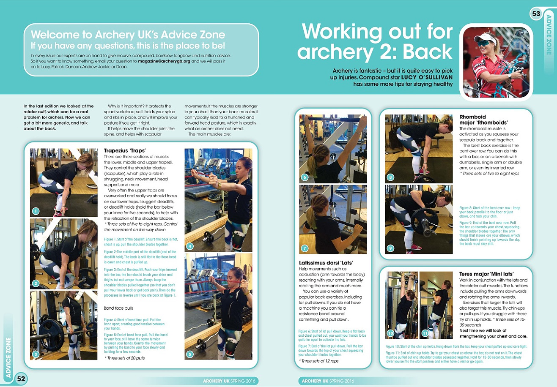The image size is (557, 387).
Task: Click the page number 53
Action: [x=536, y=13]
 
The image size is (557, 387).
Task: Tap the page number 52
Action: [x=21, y=379]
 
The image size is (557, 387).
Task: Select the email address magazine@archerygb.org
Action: [x=164, y=61]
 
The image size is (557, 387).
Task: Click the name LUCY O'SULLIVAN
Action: [x=427, y=77]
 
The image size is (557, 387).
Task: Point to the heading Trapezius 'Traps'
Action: [x=125, y=150]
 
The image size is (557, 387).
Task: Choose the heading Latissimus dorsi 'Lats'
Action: [x=326, y=263]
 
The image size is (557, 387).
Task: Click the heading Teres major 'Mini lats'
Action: [x=486, y=274]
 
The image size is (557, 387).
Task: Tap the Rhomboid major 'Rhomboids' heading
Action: [x=483, y=120]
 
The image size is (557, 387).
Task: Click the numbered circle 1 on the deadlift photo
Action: [x=36, y=211]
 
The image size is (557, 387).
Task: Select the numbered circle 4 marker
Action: [x=190, y=246]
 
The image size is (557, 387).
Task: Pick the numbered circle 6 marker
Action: [x=305, y=177]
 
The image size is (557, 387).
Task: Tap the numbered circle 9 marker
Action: [x=390, y=248]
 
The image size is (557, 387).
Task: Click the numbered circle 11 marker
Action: [x=425, y=333]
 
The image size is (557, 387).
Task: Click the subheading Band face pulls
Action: [x=118, y=308]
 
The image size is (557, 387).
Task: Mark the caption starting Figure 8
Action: [x=490, y=212]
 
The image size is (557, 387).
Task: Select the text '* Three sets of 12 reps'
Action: [x=319, y=361]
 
